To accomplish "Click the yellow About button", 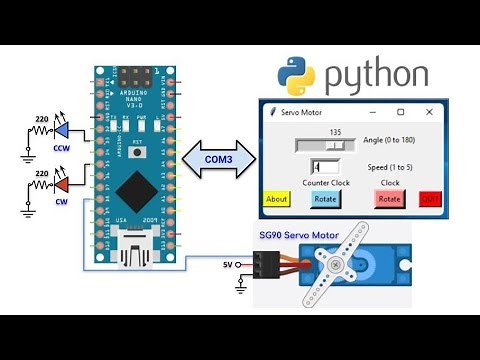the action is (276, 198).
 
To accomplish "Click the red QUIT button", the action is (430, 198).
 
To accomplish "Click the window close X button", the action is (429, 112).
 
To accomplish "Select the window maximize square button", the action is (401, 112).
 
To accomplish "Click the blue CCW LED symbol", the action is (62, 131).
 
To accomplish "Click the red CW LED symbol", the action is (62, 186).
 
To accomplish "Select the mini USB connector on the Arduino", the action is (135, 247).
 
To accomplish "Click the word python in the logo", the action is (377, 76).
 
